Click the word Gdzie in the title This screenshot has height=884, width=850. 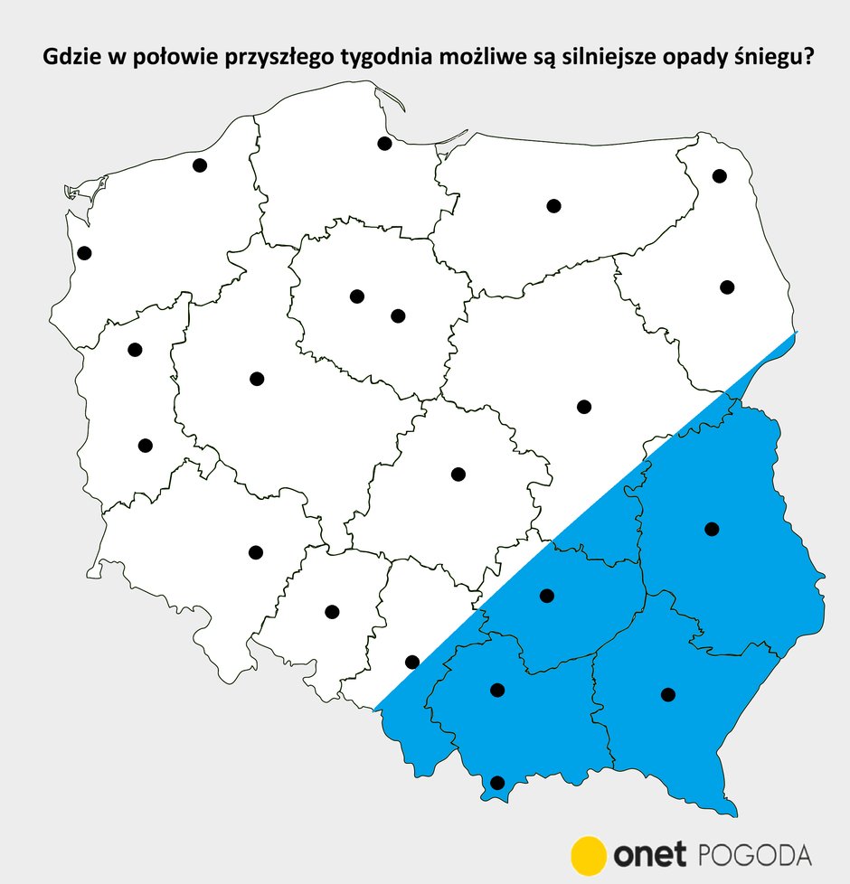pyautogui.click(x=70, y=59)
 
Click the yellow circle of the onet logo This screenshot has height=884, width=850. pyautogui.click(x=589, y=855)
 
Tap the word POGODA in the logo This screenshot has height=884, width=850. pyautogui.click(x=756, y=855)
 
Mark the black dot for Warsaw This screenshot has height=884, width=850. pyautogui.click(x=584, y=407)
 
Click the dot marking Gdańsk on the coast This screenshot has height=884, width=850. pyautogui.click(x=384, y=143)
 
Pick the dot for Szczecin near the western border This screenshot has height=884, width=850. pyautogui.click(x=84, y=253)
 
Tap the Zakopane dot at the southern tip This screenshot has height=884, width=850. pyautogui.click(x=496, y=783)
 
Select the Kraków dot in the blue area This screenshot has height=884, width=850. pyautogui.click(x=496, y=691)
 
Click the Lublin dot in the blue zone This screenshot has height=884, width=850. pyautogui.click(x=712, y=529)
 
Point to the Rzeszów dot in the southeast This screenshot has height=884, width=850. pyautogui.click(x=668, y=694)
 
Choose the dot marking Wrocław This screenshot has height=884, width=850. pyautogui.click(x=255, y=552)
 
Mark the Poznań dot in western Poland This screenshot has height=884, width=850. pyautogui.click(x=257, y=379)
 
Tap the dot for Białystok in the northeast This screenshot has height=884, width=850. pyautogui.click(x=727, y=287)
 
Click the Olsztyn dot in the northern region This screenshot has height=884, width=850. pyautogui.click(x=554, y=206)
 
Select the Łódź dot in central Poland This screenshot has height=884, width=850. pyautogui.click(x=458, y=475)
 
